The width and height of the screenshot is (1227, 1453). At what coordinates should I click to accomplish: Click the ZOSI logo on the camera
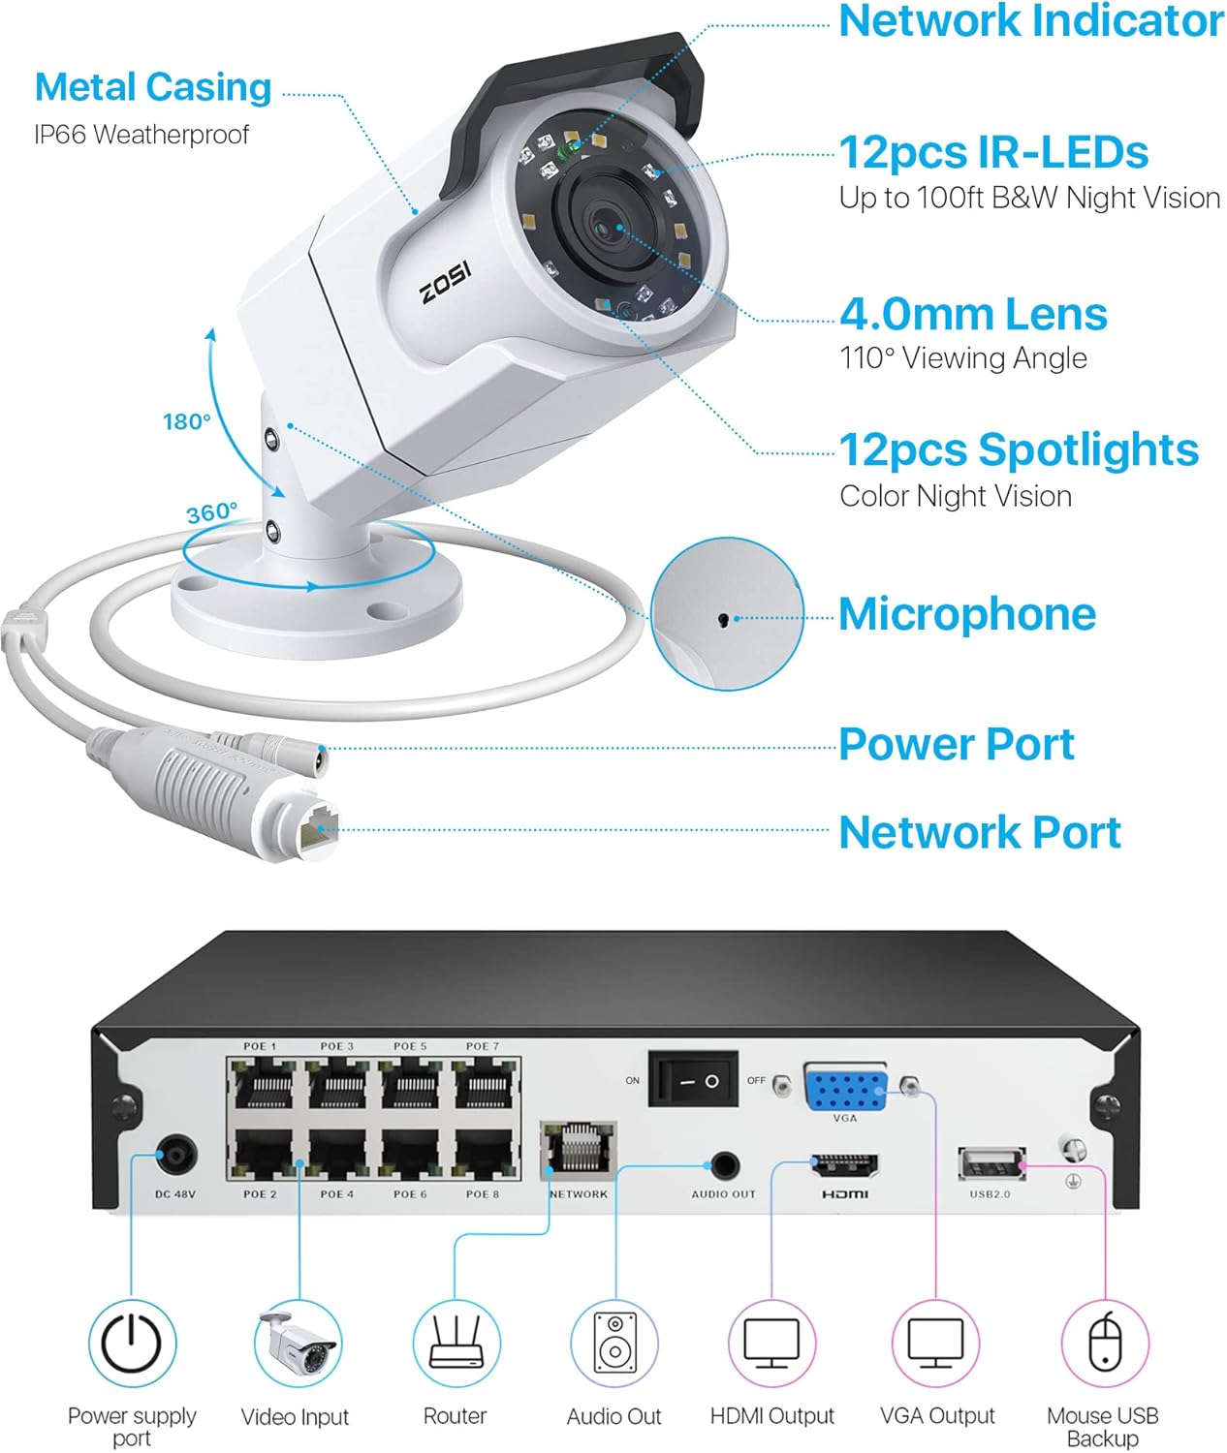pos(446,281)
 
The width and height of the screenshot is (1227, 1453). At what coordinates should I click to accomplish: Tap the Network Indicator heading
pos(1030,21)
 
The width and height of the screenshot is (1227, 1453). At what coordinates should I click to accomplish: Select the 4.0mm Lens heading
pos(973,314)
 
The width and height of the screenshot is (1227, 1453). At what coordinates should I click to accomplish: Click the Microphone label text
pos(966,614)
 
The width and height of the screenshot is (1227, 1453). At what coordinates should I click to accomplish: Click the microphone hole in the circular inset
pos(722,619)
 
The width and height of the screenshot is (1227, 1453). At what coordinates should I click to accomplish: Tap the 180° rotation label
pos(186,421)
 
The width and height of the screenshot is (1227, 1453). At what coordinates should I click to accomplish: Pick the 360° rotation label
pos(211,511)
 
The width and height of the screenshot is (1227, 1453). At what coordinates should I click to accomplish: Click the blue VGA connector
pos(845,1088)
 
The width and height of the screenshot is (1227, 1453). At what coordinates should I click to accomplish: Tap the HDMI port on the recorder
pos(845,1164)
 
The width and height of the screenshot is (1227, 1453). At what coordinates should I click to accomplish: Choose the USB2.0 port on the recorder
pos(991,1163)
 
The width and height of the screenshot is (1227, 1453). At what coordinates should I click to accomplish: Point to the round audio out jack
pos(724,1165)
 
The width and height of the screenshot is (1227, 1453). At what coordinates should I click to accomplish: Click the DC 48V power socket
pos(176,1157)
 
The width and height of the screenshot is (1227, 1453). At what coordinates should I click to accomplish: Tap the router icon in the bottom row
pos(456,1344)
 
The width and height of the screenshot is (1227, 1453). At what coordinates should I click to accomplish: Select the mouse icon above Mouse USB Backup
pos(1105,1344)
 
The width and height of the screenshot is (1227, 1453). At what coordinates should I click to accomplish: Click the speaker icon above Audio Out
pos(613,1344)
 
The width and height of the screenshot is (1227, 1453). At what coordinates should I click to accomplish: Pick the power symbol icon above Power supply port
pos(132,1344)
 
